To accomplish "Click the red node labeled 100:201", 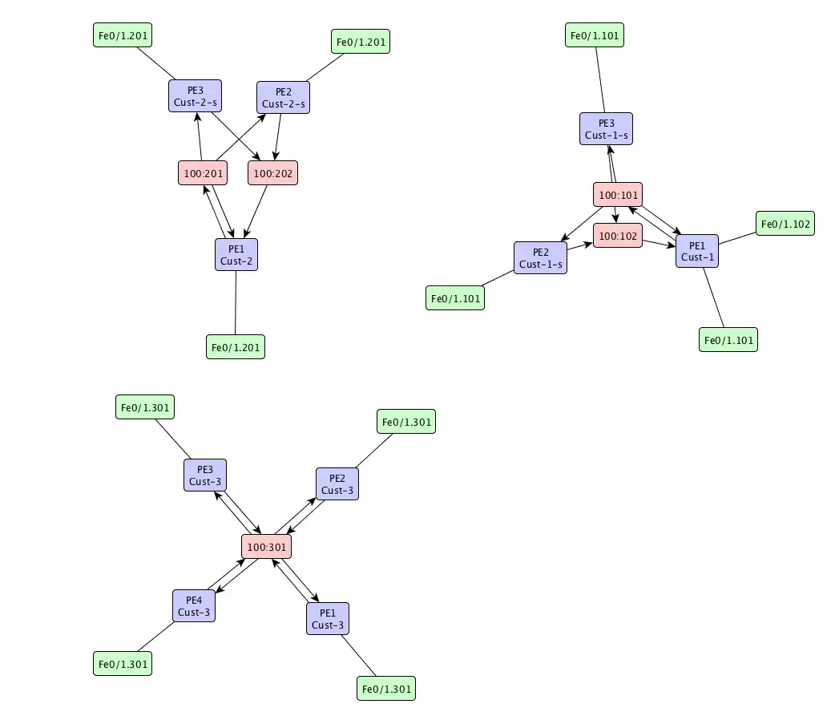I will point(202,172).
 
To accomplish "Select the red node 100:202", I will point(274,172).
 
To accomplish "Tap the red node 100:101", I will point(618,194).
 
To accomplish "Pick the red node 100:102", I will point(618,236).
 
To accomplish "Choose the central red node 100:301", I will point(265,547).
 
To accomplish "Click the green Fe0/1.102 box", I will point(785,224).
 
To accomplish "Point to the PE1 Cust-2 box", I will point(236,254).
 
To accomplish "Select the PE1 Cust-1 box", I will point(697,250).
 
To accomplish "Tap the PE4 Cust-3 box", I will point(194,606).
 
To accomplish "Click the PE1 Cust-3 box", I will point(328,618).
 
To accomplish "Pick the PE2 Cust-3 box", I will point(337,484).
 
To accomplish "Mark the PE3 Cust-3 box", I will point(205,475).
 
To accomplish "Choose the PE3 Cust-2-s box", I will point(196,96).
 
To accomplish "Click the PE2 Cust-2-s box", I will point(283,97).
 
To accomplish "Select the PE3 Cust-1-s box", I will point(607,128).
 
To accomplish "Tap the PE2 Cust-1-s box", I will point(540,258).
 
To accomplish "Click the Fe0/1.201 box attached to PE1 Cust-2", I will point(236,347).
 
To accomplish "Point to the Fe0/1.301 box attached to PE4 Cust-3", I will point(123,664).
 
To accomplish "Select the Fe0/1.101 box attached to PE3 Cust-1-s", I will point(595,35).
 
